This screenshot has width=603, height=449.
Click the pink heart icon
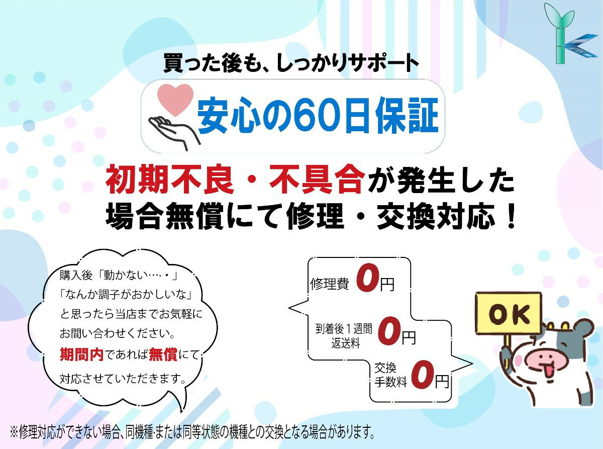point(175,100)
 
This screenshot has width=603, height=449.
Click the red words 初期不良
point(169,180)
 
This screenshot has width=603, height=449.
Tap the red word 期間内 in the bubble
point(81,354)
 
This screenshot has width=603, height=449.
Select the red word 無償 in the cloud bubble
point(163,354)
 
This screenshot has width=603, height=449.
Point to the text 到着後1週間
point(344,329)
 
